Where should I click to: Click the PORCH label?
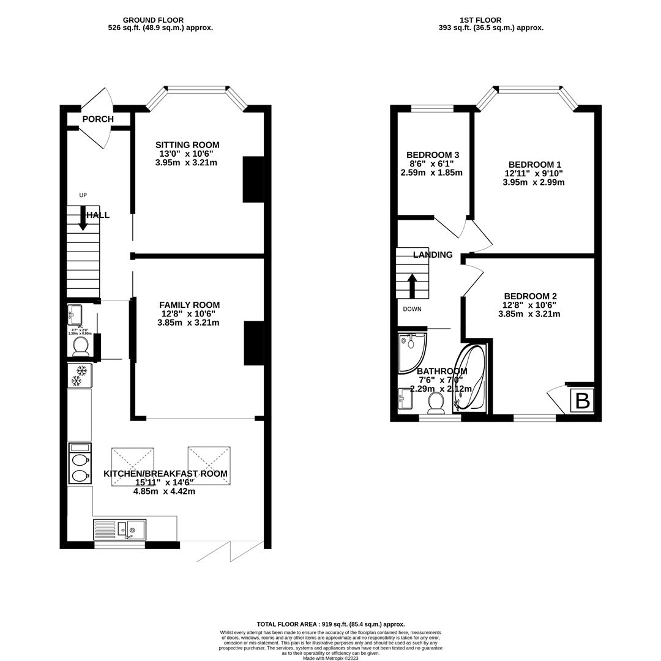coord(98,119)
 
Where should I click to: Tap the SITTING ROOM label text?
coord(187,145)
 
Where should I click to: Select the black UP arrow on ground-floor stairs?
coord(83,218)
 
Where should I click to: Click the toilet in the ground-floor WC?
coord(81,346)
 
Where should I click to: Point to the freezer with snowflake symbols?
coord(80,376)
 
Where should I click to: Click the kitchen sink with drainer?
coord(120,529)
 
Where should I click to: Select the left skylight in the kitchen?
coord(133,467)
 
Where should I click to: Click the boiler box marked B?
coord(582,401)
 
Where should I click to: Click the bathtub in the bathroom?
coord(470,378)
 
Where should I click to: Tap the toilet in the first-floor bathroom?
coord(436,403)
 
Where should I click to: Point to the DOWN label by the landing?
coord(412,309)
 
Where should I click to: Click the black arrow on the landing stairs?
coord(412,286)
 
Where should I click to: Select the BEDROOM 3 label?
coord(433,155)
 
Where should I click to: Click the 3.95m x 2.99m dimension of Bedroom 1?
coord(534,182)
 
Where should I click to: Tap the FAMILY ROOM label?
coord(189,305)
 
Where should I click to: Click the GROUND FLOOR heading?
coord(153,20)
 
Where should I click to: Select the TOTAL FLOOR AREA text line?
coord(330,624)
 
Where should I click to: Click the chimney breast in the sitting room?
coord(253,179)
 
